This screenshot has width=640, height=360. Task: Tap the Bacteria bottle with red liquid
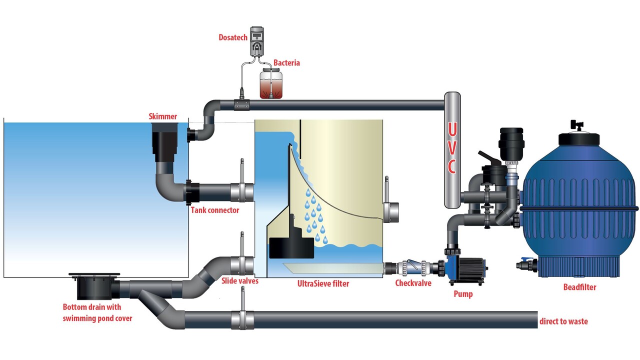point(270,83)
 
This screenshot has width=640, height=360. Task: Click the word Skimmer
point(163,116)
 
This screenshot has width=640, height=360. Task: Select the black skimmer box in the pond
point(163,142)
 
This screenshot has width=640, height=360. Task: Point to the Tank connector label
point(215,210)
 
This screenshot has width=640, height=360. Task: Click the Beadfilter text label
point(579,287)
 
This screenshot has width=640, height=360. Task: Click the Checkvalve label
point(413,283)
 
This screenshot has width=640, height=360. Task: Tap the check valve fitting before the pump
point(411,268)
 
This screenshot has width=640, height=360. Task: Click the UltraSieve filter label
point(322,283)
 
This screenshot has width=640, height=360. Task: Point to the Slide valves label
point(239,281)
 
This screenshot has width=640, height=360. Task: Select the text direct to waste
point(563,321)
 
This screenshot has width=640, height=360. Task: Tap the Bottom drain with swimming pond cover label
point(97,312)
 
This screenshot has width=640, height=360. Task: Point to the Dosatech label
point(232,37)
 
